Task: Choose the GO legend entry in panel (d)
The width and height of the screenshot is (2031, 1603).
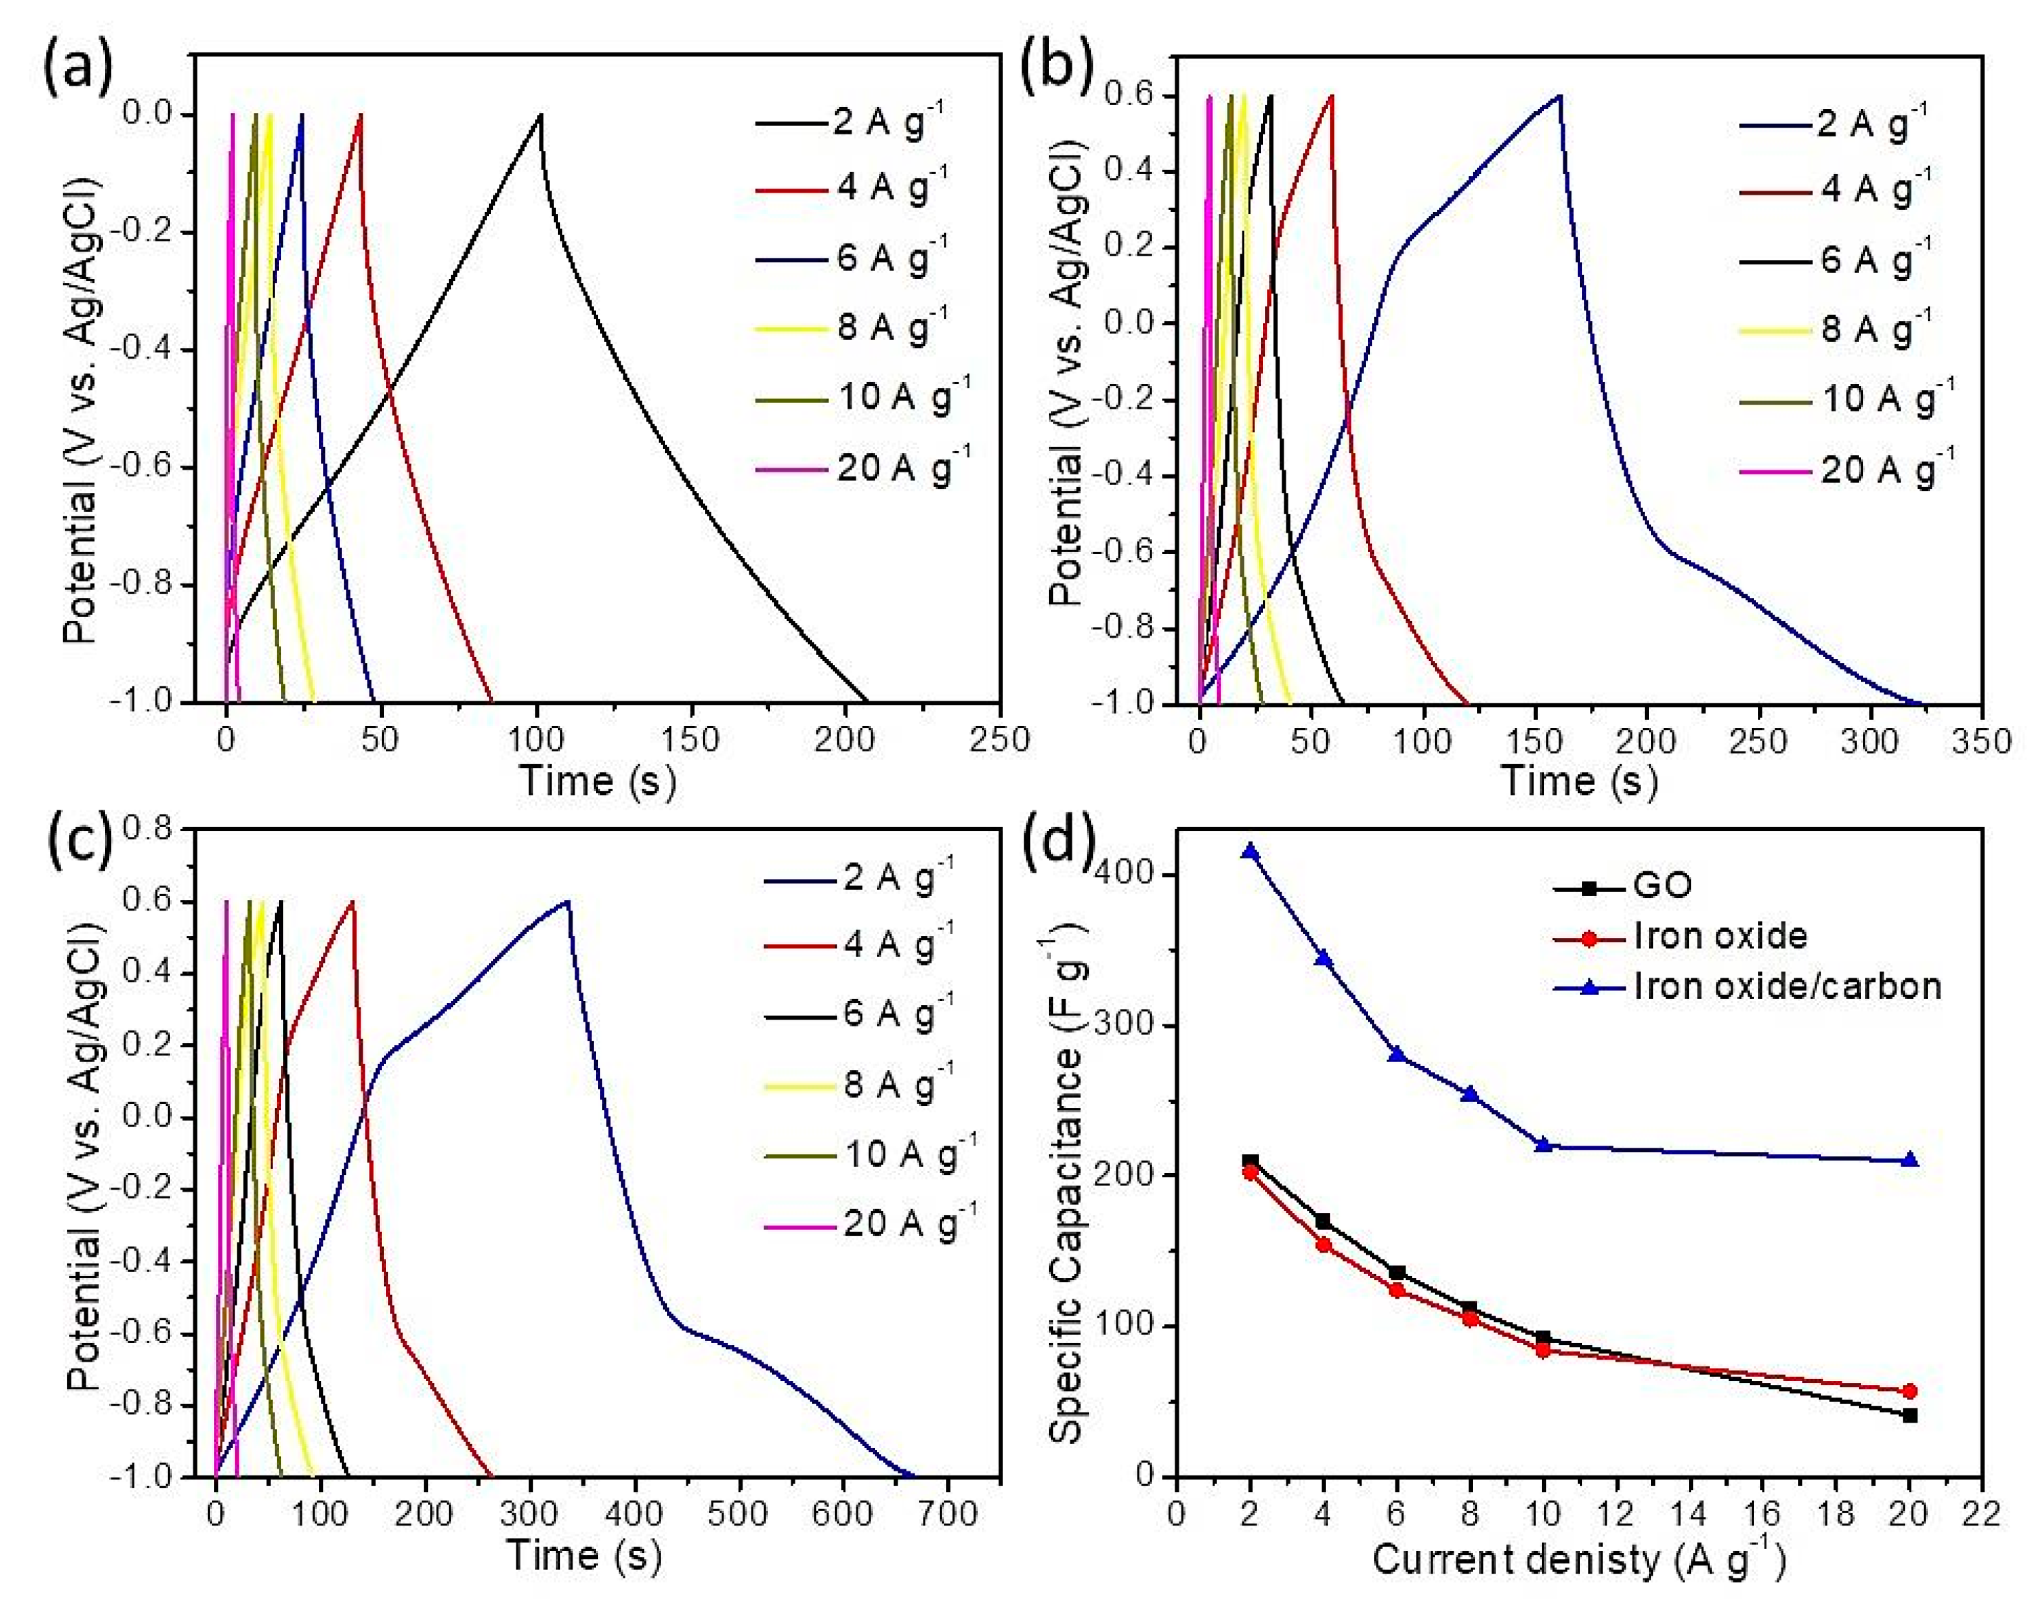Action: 1662,886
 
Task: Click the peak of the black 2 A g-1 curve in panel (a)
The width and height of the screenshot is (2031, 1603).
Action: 540,115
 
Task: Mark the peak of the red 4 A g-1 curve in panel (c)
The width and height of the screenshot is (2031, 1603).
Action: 353,902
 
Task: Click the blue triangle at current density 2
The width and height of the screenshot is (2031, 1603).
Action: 1249,852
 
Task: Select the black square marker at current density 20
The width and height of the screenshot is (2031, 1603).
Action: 1909,1415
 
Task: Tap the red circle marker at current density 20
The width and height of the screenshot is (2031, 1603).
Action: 1909,1391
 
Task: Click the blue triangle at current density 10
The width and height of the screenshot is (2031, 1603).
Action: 1542,1144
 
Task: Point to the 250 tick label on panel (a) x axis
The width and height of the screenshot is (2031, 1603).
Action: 1000,740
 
